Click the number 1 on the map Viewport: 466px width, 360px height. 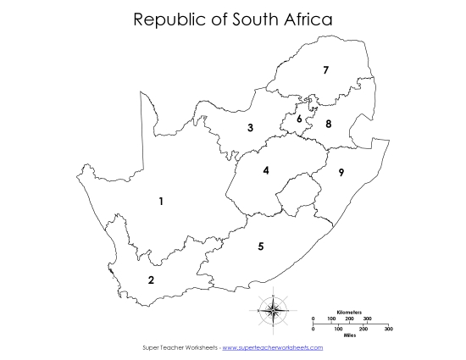pyautogui.click(x=161, y=201)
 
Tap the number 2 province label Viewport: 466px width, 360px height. pyautogui.click(x=151, y=280)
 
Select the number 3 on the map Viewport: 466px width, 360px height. pyautogui.click(x=250, y=128)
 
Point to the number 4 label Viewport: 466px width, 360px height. pyautogui.click(x=266, y=170)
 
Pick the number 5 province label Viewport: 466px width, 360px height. pyautogui.click(x=261, y=246)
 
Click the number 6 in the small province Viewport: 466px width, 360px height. pyautogui.click(x=299, y=119)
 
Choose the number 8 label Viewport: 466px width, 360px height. pyautogui.click(x=329, y=125)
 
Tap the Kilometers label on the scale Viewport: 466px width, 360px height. pyautogui.click(x=349, y=313)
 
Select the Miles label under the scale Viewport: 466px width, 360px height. pyautogui.click(x=349, y=335)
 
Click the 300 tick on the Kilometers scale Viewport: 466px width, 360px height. pyautogui.click(x=368, y=318)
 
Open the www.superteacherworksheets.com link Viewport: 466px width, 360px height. pyautogui.click(x=272, y=347)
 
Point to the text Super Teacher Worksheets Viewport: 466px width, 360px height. pyautogui.click(x=179, y=347)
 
